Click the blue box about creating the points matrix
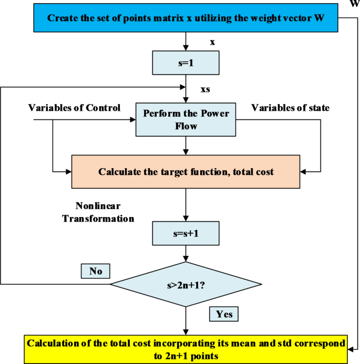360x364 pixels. point(186,18)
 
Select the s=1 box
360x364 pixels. point(185,63)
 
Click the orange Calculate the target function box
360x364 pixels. point(186,171)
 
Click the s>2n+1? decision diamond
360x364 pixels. point(186,286)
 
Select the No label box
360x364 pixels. point(95,271)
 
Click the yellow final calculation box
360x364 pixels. point(186,348)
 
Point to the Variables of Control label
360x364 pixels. point(74,108)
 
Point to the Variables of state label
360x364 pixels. point(290,108)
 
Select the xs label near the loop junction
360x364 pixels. point(205,89)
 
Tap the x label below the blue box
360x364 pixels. point(212,41)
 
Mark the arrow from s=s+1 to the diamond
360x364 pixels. point(185,253)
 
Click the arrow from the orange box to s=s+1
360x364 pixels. point(185,205)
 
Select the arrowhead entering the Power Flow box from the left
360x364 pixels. point(132,119)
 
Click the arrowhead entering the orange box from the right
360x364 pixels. point(303,171)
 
